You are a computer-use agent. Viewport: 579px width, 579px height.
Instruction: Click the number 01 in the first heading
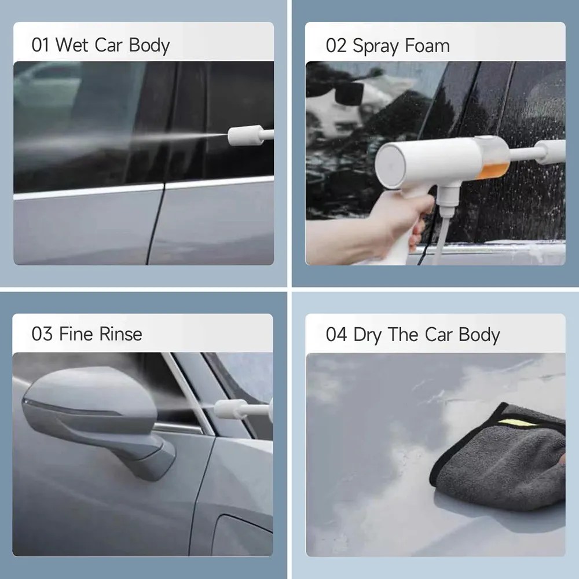coord(41,45)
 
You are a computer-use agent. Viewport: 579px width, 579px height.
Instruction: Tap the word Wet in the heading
coord(72,45)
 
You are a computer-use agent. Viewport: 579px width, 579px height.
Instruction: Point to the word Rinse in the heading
coord(120,334)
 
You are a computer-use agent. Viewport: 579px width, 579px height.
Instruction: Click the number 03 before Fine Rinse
coord(42,334)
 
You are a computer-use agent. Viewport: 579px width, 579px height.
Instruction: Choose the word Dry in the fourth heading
coord(368,335)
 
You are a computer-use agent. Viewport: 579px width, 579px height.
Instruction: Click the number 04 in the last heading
coord(336,335)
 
